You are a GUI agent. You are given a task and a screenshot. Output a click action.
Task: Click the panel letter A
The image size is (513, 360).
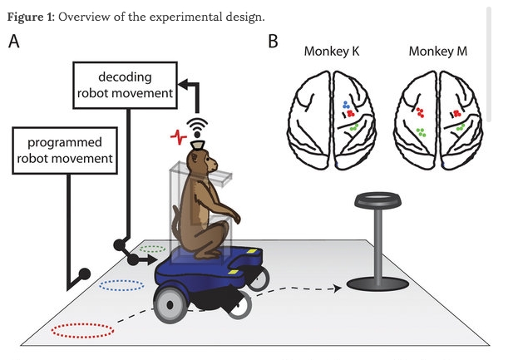(x=14, y=42)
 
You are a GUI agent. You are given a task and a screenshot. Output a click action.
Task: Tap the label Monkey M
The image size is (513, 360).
(x=437, y=52)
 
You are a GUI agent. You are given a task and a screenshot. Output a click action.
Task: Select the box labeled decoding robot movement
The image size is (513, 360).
(x=125, y=85)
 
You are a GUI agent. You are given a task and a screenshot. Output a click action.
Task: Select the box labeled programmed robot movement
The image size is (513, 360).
(x=64, y=150)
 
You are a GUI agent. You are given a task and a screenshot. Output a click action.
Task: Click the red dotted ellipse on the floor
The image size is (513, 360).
(x=82, y=330)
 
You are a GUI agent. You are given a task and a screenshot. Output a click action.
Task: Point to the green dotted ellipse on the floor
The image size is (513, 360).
(x=153, y=248)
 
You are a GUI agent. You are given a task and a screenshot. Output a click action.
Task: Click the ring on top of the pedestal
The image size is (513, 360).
(x=377, y=199)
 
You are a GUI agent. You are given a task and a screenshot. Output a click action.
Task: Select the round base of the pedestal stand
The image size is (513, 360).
(x=377, y=284)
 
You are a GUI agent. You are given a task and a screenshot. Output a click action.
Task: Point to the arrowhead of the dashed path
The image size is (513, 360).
(x=338, y=288)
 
